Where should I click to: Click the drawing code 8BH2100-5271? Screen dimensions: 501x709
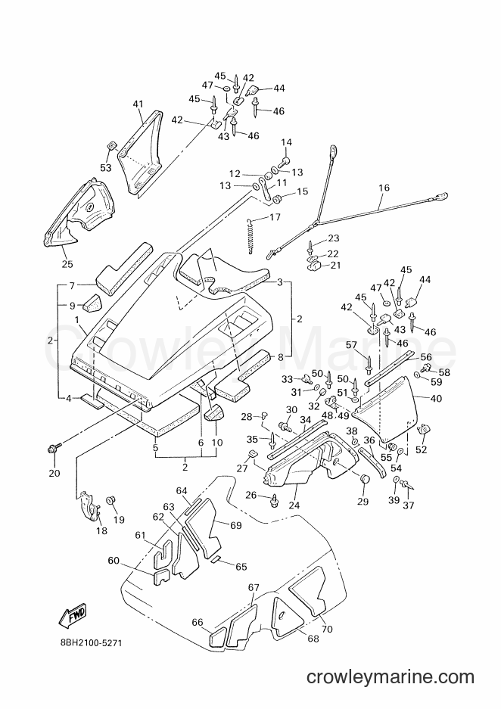pos(89,642)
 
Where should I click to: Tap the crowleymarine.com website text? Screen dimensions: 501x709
pos(391,677)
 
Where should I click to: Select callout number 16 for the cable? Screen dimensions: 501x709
pos(384,187)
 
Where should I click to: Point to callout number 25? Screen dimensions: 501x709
pos(67,264)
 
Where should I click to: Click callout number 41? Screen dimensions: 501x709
pos(138,104)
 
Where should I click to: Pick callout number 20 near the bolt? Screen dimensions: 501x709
pos(54,473)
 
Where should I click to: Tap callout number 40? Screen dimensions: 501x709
pos(437,398)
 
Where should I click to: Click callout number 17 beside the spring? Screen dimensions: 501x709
pos(275,217)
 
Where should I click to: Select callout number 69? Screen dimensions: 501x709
pos(235,525)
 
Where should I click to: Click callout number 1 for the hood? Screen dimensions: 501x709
pos(77,319)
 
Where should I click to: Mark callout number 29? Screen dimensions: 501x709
pos(363,501)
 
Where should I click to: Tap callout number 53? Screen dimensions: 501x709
pos(105,168)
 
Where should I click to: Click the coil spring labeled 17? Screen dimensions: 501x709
pos(250,236)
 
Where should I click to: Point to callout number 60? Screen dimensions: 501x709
pos(114,561)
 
